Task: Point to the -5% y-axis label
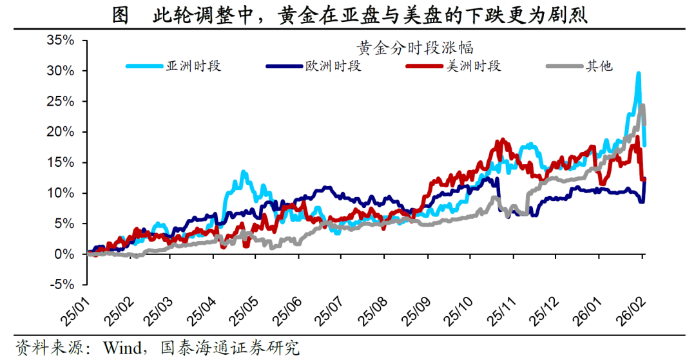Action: [62, 285]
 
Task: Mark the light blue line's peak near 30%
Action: [638, 73]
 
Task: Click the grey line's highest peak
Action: [643, 106]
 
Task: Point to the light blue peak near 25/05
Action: [243, 172]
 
